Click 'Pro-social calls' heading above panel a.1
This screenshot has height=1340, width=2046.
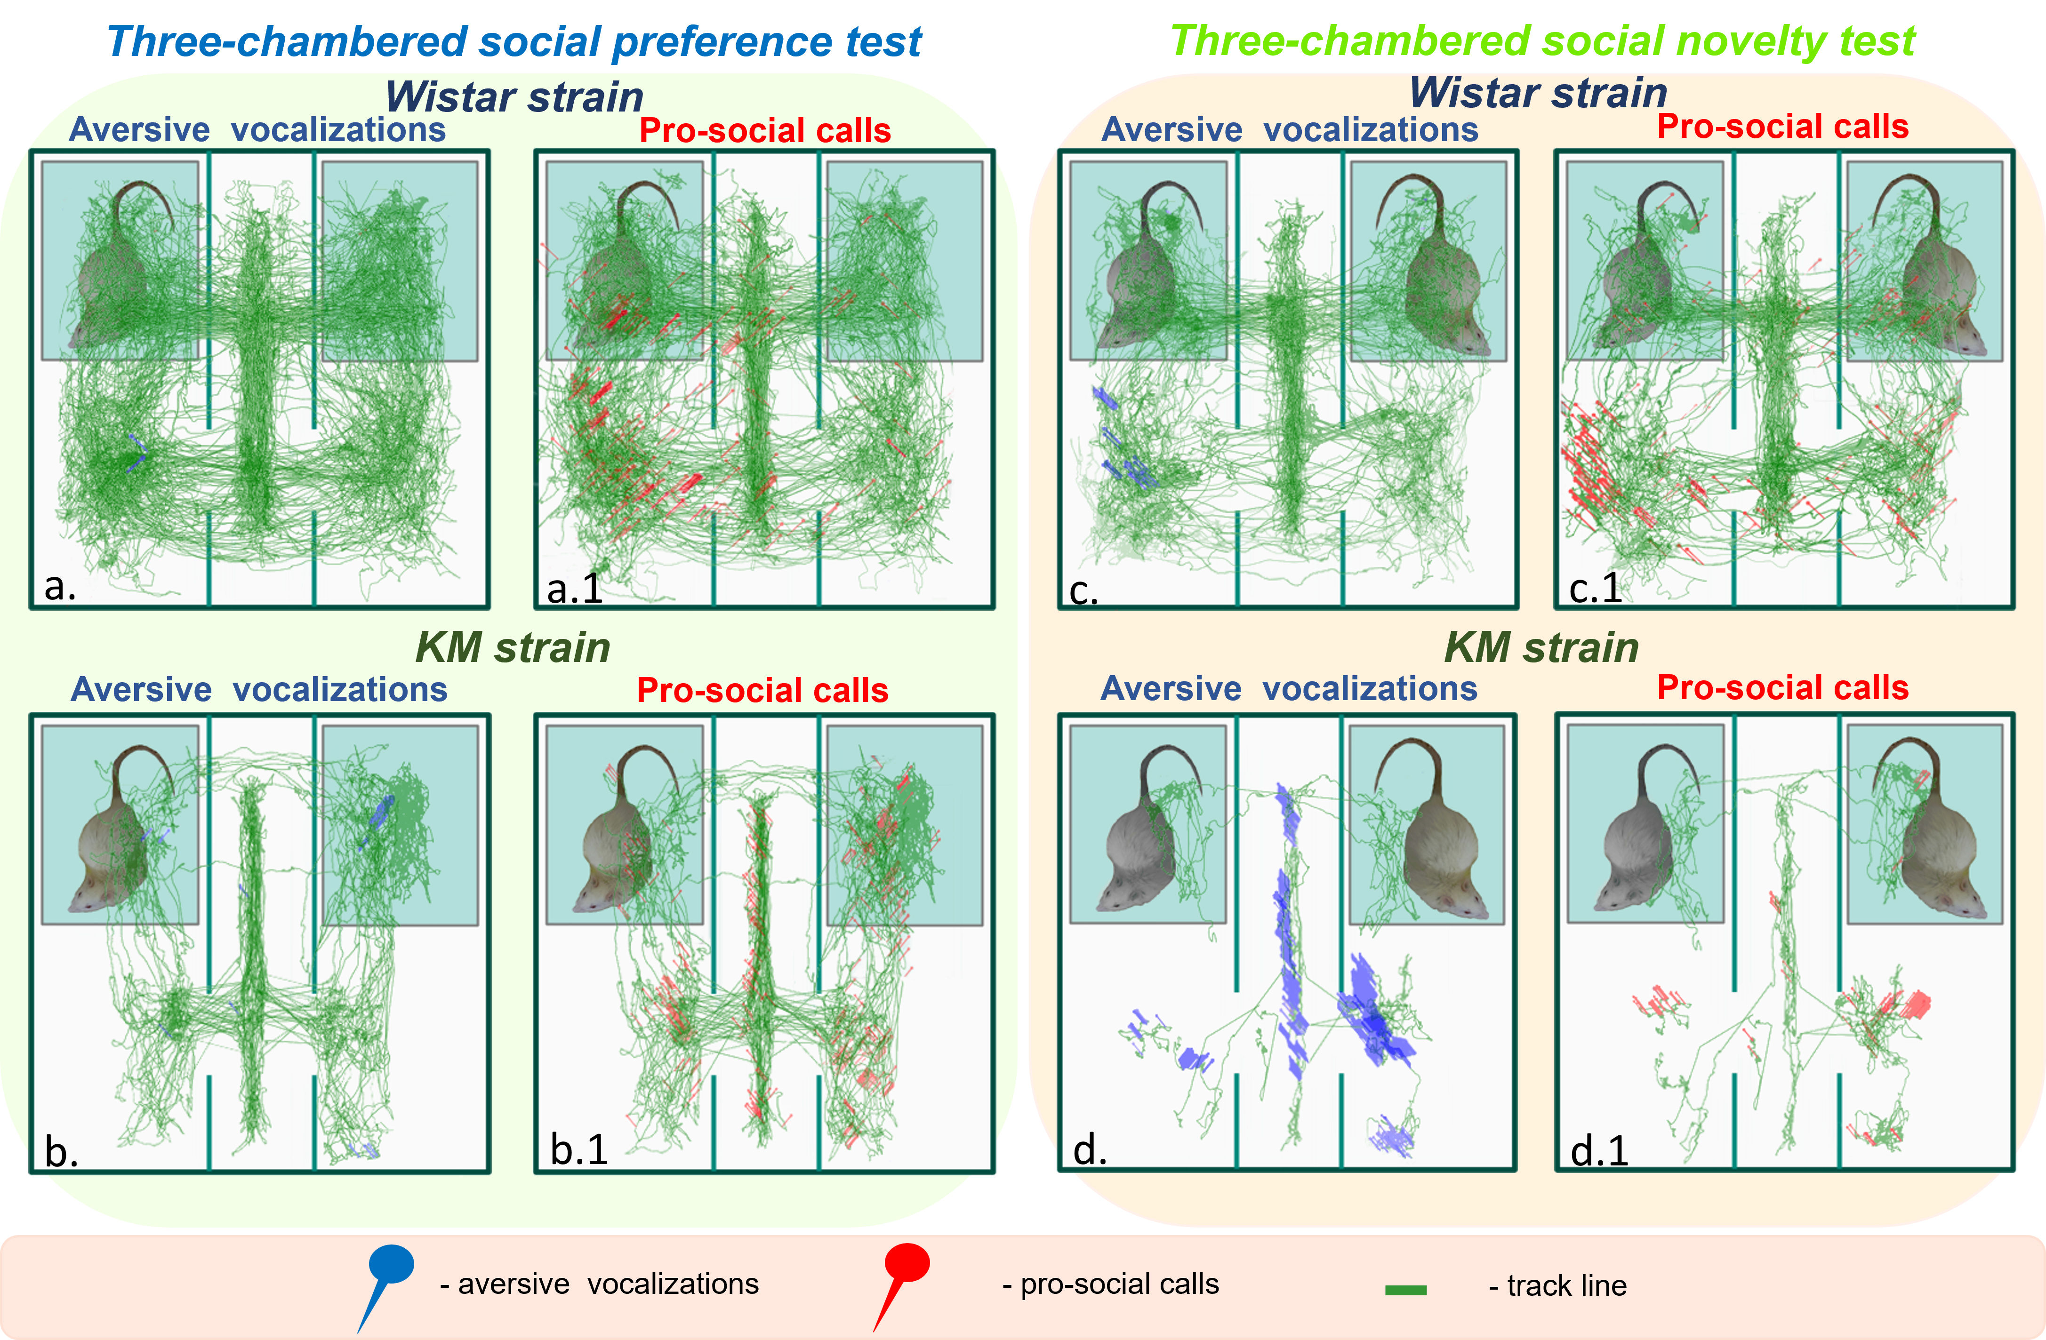[x=764, y=131]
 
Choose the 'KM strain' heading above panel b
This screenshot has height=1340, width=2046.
[x=513, y=647]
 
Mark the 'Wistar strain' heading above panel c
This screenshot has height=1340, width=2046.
[x=1538, y=93]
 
